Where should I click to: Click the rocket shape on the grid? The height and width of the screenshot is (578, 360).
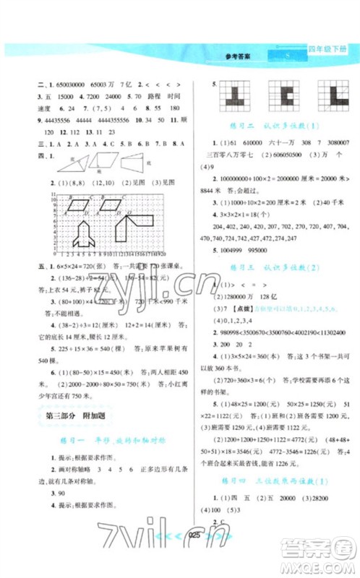[x=81, y=233]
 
